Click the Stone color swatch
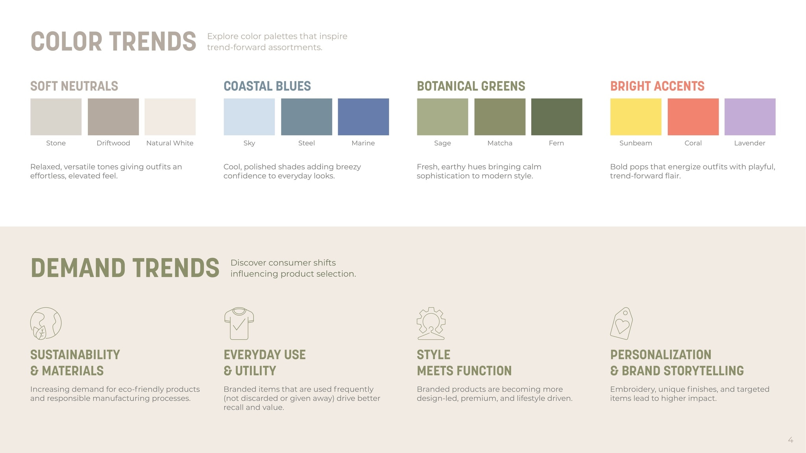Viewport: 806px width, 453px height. point(56,117)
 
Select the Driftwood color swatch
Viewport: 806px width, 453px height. point(113,117)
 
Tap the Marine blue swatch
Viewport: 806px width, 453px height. point(363,117)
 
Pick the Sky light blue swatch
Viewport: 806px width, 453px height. point(249,117)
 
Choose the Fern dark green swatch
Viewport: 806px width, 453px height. point(556,117)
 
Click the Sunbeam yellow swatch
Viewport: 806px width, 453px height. point(636,117)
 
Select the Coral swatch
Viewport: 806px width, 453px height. point(693,117)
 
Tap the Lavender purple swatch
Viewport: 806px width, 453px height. point(750,117)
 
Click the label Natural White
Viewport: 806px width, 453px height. point(170,143)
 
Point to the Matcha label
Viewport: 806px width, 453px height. point(500,143)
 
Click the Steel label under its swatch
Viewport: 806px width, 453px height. point(307,143)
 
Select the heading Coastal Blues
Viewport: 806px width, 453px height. point(267,86)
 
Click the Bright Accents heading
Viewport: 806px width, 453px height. point(657,86)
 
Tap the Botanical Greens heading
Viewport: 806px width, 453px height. point(471,86)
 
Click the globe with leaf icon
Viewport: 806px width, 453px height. point(46,324)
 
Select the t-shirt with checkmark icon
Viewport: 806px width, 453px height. point(239,324)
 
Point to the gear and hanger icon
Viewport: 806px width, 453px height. point(431,324)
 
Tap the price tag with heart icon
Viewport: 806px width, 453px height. point(621,324)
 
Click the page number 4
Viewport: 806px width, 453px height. point(790,440)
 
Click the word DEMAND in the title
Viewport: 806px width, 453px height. point(78,268)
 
